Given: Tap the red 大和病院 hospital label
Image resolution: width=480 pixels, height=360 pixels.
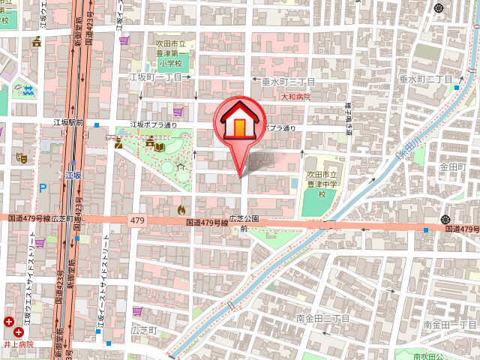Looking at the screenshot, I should pyautogui.click(x=295, y=97).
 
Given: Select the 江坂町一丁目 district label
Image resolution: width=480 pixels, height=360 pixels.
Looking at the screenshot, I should pyautogui.click(x=156, y=76).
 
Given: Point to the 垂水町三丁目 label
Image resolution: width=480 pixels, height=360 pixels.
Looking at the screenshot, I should pyautogui.click(x=288, y=81).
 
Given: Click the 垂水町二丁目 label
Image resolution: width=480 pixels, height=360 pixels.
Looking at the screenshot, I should pyautogui.click(x=426, y=79).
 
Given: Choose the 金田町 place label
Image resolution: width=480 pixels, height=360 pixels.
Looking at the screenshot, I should pyautogui.click(x=454, y=166).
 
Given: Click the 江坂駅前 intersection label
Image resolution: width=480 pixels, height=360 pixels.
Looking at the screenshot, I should pyautogui.click(x=68, y=123).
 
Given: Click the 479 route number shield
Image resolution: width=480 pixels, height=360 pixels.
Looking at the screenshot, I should pyautogui.click(x=136, y=220).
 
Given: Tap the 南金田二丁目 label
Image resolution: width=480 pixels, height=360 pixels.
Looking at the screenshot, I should pyautogui.click(x=323, y=318).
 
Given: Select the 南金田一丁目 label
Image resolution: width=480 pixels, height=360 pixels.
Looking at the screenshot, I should pyautogui.click(x=449, y=324).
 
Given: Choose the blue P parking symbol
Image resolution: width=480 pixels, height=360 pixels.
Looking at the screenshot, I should pyautogui.click(x=42, y=188).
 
